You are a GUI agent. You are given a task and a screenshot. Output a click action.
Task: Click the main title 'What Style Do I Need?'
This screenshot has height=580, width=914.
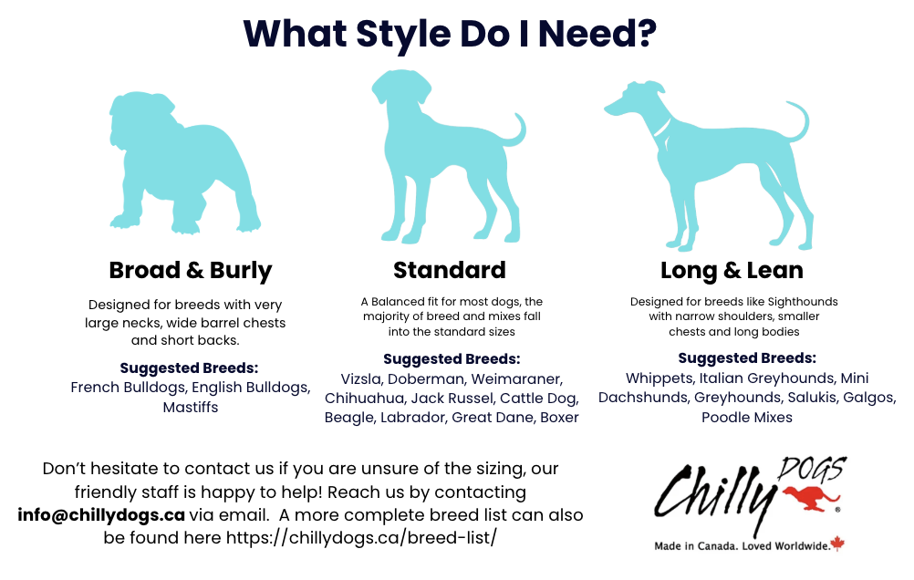coord(450,34)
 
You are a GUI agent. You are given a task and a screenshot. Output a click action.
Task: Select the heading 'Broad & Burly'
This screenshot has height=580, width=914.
coord(190,271)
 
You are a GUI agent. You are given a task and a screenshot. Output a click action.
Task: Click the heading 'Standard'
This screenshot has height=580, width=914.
coord(450,270)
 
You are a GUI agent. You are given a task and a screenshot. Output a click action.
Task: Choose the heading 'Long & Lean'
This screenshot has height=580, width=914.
coord(732,271)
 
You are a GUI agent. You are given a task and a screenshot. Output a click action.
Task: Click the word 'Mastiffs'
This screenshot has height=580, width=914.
coord(191,407)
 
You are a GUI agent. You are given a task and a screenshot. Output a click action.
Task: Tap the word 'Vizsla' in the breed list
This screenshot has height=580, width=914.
coord(360,378)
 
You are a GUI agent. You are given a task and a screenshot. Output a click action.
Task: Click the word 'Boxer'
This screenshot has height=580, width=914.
coord(559,418)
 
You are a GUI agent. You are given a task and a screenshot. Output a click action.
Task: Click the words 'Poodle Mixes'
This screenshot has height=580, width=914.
coord(747,418)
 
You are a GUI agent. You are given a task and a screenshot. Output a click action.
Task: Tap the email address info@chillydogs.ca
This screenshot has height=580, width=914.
coord(101,515)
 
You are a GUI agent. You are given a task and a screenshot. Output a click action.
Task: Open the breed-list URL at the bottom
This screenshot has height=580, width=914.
coord(361,537)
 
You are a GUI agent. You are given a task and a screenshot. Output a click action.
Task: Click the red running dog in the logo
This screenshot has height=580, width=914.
coord(811,499)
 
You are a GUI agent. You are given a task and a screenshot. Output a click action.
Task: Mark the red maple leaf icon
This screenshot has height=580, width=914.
coord(837,544)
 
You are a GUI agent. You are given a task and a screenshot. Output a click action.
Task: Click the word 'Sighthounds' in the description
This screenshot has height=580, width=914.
coord(803,302)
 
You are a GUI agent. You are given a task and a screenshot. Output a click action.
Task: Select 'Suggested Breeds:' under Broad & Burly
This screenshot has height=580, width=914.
coord(189,368)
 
